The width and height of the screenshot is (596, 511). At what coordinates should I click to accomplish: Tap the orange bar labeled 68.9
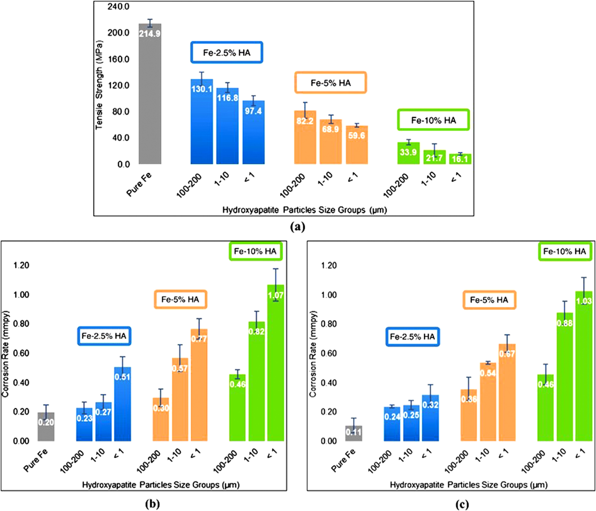[x=331, y=142]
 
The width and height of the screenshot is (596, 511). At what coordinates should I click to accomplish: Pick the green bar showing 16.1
[x=460, y=159]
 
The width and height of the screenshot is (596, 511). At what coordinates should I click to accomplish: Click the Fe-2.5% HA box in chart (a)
[x=227, y=52]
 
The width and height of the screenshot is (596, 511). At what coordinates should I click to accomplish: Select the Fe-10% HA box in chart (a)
[x=433, y=120]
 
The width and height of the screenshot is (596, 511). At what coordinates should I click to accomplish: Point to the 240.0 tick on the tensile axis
[x=119, y=7]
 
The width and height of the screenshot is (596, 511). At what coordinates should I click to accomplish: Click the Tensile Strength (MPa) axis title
[x=99, y=85]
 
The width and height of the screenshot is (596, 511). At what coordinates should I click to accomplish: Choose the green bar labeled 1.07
[x=276, y=363]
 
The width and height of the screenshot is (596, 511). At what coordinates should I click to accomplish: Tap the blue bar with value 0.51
[x=122, y=404]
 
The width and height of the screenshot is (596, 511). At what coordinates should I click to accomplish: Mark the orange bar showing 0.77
[x=199, y=385]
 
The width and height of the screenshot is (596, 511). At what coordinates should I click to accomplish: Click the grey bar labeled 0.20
[x=46, y=427]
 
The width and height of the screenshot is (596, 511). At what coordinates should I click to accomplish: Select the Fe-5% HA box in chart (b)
[x=180, y=299]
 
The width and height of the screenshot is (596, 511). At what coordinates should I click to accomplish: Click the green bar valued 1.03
[x=584, y=366]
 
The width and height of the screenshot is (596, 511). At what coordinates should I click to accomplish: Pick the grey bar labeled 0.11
[x=354, y=433]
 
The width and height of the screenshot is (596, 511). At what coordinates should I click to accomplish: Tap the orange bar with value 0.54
[x=488, y=402]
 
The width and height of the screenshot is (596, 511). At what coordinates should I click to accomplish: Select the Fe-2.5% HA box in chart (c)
[x=412, y=337]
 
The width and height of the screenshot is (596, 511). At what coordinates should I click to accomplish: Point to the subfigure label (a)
[x=298, y=227]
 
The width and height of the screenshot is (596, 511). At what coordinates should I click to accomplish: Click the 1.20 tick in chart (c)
[x=329, y=265]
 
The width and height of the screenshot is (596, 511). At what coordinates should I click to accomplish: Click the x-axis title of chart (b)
[x=161, y=485]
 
